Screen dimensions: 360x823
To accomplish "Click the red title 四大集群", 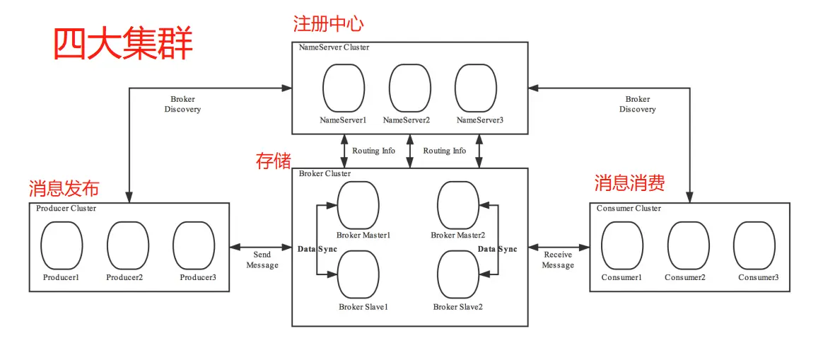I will coord(123,44).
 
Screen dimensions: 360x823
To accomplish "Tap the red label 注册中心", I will coord(328,24).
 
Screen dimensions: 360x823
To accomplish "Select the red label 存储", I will coord(273,161).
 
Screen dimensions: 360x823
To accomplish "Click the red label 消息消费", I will coord(629,184).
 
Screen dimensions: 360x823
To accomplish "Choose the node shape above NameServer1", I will coord(344,88).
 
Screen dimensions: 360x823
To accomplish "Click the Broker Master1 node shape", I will coord(358,205).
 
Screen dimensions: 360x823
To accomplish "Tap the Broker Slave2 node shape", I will coord(459,274).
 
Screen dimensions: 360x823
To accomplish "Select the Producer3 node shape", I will coord(194,245).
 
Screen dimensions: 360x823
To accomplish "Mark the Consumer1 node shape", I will coord(622,245).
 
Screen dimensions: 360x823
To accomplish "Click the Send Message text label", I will coord(262,260).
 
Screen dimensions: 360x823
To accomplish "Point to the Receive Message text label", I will coord(558,260).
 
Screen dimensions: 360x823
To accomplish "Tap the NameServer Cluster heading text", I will coord(334,47).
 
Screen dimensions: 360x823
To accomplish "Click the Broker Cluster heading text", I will coord(325,173).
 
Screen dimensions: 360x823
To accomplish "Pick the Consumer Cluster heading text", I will coord(629,208).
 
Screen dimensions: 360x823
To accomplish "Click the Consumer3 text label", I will coord(758,277).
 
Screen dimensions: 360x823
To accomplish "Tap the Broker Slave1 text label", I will coord(363,307).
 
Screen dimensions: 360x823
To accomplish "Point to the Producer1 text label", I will coord(61,277).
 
